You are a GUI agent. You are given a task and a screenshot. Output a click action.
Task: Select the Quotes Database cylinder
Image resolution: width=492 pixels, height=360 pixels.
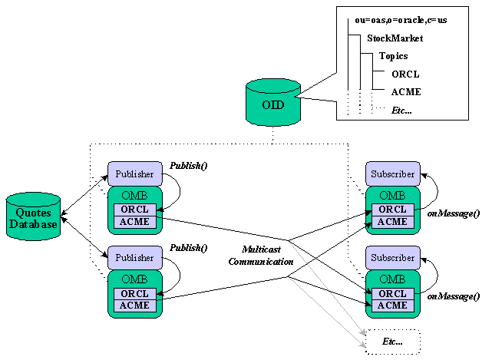click(x=32, y=217)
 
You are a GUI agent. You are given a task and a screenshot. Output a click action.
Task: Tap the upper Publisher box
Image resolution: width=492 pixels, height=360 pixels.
click(x=135, y=174)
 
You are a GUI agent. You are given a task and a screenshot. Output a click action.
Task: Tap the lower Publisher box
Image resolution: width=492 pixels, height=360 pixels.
click(x=135, y=258)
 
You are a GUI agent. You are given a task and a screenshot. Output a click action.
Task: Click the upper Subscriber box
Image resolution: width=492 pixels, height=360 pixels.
click(x=392, y=174)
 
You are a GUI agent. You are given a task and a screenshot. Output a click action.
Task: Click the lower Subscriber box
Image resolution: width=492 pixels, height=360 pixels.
click(x=392, y=258)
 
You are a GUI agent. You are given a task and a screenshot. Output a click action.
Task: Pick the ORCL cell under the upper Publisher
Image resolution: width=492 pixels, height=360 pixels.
click(x=135, y=210)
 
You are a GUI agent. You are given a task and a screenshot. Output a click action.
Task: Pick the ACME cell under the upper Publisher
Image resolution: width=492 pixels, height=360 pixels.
click(x=135, y=222)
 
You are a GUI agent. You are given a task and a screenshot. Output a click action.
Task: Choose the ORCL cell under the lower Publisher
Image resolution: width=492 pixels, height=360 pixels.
click(x=135, y=293)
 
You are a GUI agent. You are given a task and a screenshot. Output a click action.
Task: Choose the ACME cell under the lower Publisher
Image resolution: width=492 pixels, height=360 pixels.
click(x=135, y=306)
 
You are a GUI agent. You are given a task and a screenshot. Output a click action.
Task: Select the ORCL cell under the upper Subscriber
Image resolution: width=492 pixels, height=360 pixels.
click(x=392, y=210)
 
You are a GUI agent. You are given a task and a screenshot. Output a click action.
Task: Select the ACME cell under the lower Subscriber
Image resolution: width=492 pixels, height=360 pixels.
click(x=392, y=306)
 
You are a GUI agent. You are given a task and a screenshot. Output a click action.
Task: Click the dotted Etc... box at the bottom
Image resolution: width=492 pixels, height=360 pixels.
click(x=392, y=340)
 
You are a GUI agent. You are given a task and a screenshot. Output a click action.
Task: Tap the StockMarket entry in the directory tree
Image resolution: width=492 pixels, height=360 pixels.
click(x=395, y=38)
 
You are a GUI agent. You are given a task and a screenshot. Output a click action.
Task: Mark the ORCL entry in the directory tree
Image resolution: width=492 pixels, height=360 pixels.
click(x=405, y=74)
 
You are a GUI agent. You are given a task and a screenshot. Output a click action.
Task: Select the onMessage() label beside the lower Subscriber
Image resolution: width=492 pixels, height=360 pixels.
click(x=453, y=296)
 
